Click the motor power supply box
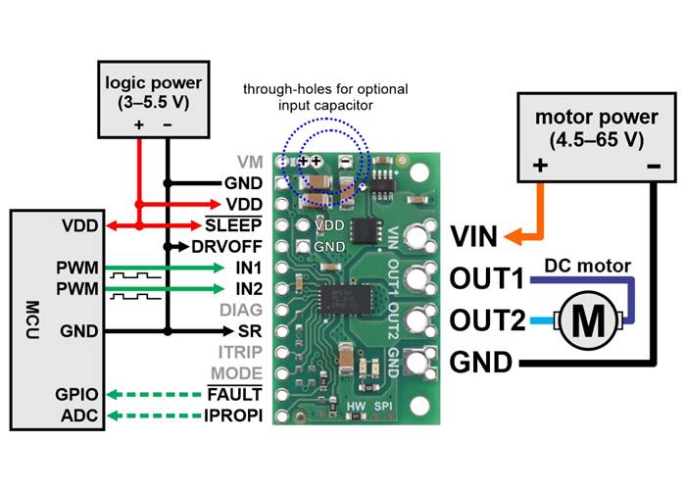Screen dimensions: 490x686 point(588,135)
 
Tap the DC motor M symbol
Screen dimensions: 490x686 point(588,319)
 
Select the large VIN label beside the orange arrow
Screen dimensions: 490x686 point(474,236)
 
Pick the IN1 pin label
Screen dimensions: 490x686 point(248,267)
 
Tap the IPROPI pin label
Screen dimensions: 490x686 point(235,415)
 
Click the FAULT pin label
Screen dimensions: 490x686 point(238,394)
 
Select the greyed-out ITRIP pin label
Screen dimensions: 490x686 point(242,352)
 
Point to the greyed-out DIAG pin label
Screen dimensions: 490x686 point(243,310)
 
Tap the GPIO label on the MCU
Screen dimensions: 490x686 point(75,394)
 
